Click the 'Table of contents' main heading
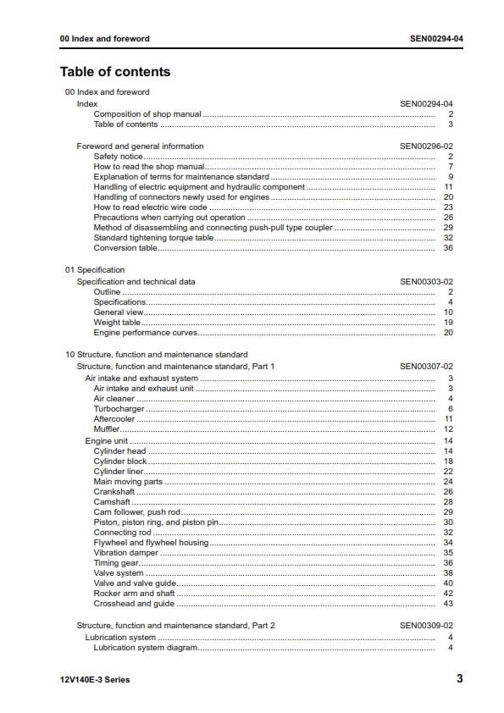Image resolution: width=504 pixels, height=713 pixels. coord(115,72)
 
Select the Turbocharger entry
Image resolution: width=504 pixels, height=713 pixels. coord(119,409)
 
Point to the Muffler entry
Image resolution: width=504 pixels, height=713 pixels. coord(107,429)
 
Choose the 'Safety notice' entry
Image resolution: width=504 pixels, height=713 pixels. coord(118,157)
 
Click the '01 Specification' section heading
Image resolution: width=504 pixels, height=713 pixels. coord(95,270)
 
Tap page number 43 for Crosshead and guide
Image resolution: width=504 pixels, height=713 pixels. coord(449,605)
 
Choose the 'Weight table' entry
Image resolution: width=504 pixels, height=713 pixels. coord(117,323)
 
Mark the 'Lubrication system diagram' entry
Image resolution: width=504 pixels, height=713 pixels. coord(145,648)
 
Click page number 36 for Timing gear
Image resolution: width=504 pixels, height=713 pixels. coord(449,563)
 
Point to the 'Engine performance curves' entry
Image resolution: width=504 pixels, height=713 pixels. coord(139,333)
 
